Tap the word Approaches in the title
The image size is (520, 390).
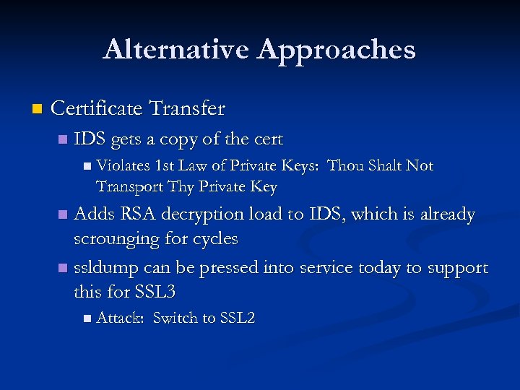[x=337, y=50]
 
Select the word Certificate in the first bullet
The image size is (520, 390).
[x=96, y=109]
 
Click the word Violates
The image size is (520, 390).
[x=120, y=166]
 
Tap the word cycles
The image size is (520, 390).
[x=213, y=238]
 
